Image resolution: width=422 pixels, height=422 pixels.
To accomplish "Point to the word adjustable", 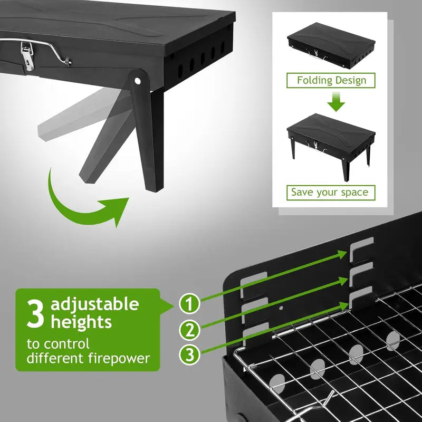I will click(x=95, y=304).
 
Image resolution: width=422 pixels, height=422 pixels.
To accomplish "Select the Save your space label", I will click(x=330, y=193).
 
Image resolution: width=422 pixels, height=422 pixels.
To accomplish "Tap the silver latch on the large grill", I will click(x=27, y=56).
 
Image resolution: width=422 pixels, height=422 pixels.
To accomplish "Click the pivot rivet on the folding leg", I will click(x=138, y=81).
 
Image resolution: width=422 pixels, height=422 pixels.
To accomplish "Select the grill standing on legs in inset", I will click(x=330, y=138).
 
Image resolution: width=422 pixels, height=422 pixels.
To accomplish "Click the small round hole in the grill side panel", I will click(x=281, y=308).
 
